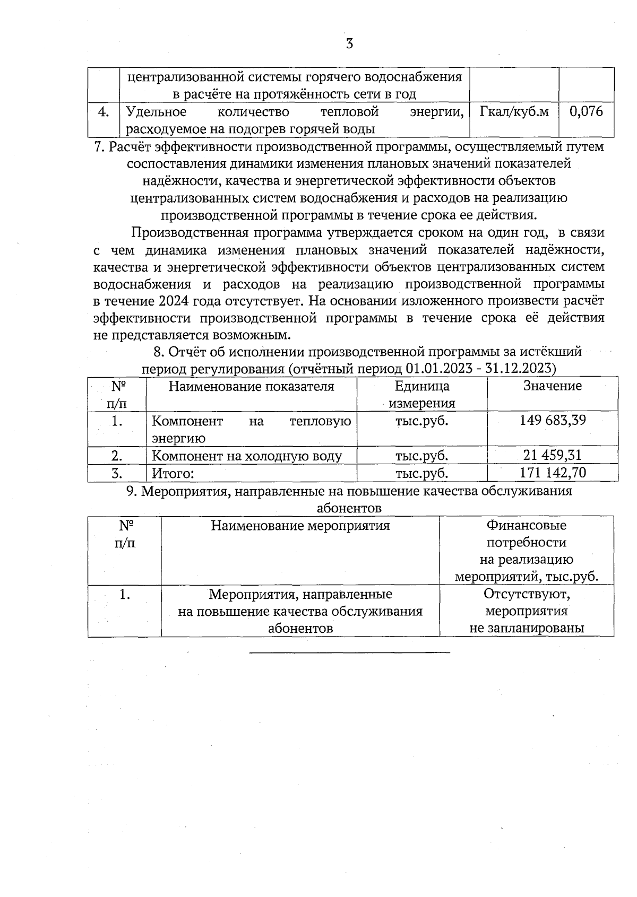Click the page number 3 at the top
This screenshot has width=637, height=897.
coord(349,44)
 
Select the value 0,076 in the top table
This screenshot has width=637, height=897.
coord(586,111)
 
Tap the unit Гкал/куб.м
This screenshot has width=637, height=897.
coord(514,111)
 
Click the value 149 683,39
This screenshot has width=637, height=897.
coord(553,421)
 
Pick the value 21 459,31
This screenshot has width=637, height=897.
coord(553,455)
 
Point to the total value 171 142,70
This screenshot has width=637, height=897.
coord(553,472)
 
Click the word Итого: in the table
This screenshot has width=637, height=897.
coord(173,473)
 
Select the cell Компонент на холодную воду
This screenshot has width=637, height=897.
coord(247,456)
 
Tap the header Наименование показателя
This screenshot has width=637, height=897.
coord(251,386)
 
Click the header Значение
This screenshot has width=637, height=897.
coord(553,386)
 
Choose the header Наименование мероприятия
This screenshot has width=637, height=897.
coord(300,526)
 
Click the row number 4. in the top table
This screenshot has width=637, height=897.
coord(104,112)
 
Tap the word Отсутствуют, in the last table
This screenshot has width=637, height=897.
coord(527,594)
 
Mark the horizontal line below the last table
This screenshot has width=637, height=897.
coord(349,652)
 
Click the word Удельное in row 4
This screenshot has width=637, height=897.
coord(156,112)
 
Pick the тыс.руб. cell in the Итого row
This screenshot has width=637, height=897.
coord(421,473)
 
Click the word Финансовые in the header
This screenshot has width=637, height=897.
coord(527,526)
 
